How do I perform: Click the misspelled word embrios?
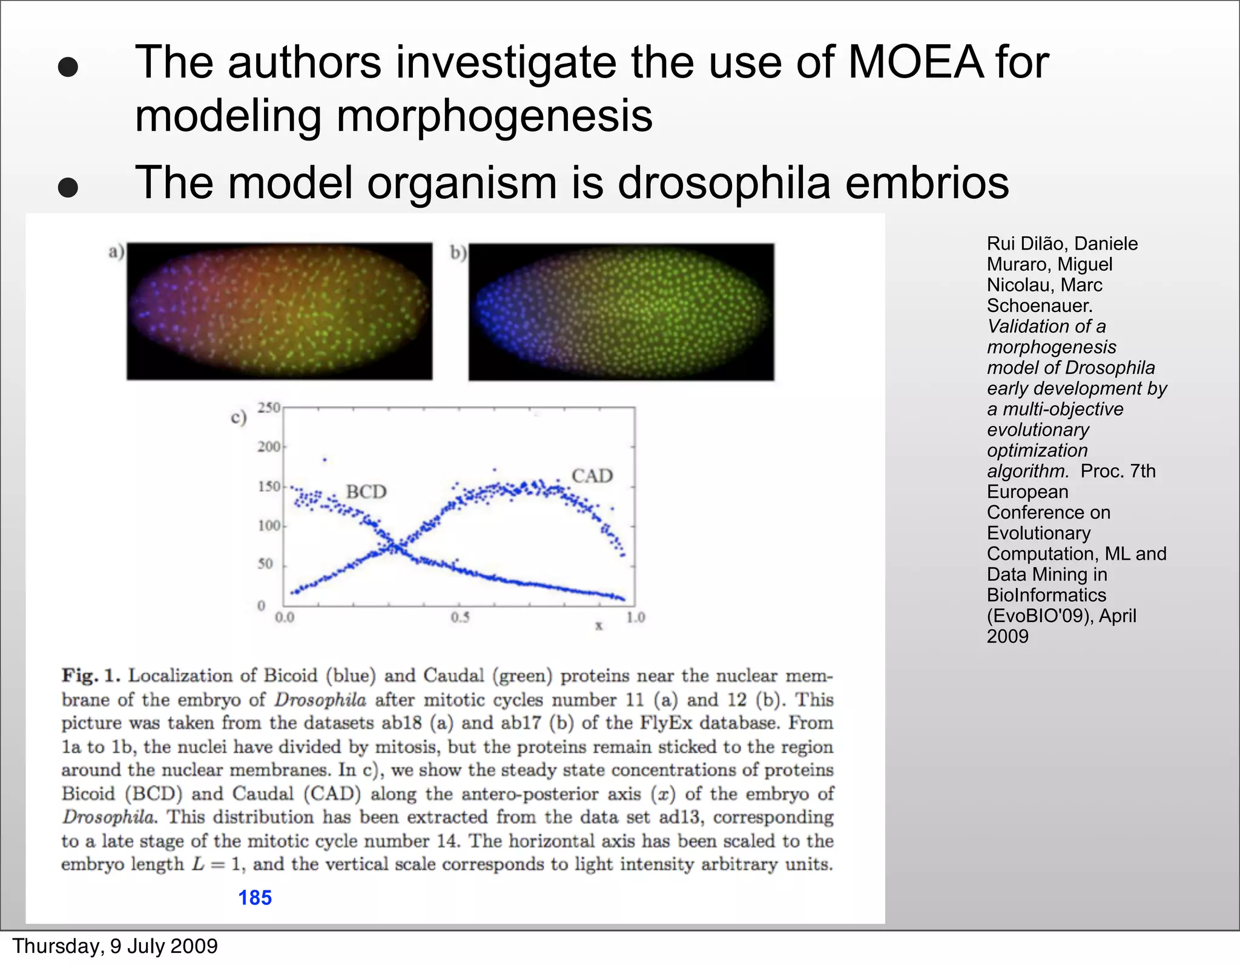click(927, 182)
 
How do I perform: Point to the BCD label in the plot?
click(366, 491)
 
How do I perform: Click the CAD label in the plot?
click(592, 476)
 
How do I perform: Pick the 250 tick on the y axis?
click(269, 408)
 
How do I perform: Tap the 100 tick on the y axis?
click(269, 525)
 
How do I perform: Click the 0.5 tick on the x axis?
click(460, 617)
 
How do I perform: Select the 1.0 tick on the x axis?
click(635, 617)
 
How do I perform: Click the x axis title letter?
click(598, 626)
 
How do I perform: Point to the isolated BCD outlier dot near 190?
click(325, 460)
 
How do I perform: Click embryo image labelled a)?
click(279, 311)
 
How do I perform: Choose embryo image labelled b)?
click(621, 312)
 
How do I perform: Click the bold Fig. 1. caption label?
click(91, 675)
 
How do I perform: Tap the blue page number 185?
click(255, 897)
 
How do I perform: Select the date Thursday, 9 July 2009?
click(115, 946)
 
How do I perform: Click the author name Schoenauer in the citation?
click(1039, 305)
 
